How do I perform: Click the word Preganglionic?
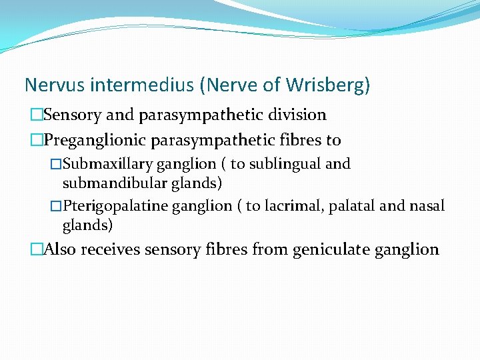point(95,140)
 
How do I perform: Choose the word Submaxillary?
point(107,164)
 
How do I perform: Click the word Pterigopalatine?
point(115,206)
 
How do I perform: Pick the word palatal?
point(351,206)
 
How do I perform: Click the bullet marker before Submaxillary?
point(56,164)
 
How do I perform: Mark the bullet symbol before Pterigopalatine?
point(56,206)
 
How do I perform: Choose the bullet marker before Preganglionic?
point(36,140)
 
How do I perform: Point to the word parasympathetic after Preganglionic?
point(213,140)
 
